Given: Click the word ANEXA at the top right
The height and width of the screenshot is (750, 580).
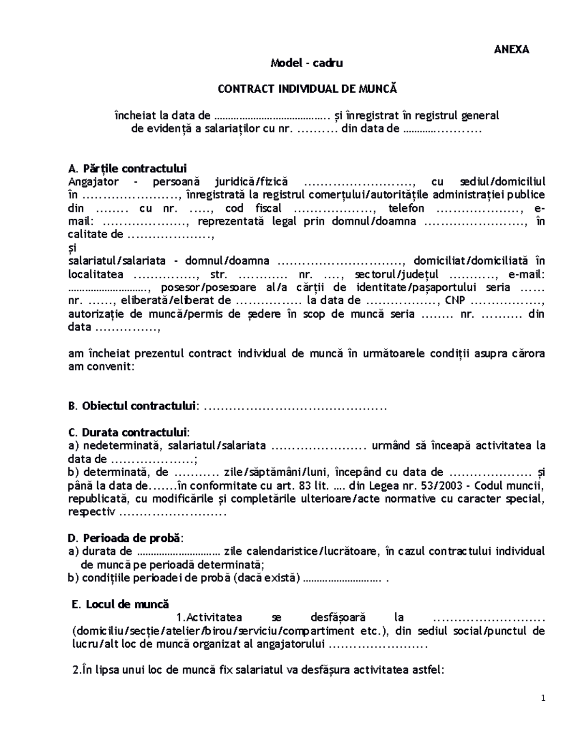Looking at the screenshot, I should (x=511, y=49).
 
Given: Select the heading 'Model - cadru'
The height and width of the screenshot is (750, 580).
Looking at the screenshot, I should (x=306, y=63).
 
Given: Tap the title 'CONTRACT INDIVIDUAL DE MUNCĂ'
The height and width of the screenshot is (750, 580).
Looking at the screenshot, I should (x=306, y=89).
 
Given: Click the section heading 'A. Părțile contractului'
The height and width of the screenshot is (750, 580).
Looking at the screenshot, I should (x=128, y=169).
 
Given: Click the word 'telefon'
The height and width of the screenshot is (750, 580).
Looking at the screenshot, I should (x=406, y=209).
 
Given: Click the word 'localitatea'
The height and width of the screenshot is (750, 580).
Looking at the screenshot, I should (x=96, y=274).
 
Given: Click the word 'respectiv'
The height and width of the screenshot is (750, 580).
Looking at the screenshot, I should (x=92, y=512).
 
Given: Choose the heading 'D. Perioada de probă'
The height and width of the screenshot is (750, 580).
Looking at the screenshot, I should (x=126, y=538).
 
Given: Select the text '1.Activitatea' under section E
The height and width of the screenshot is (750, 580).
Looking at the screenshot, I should (x=209, y=617).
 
